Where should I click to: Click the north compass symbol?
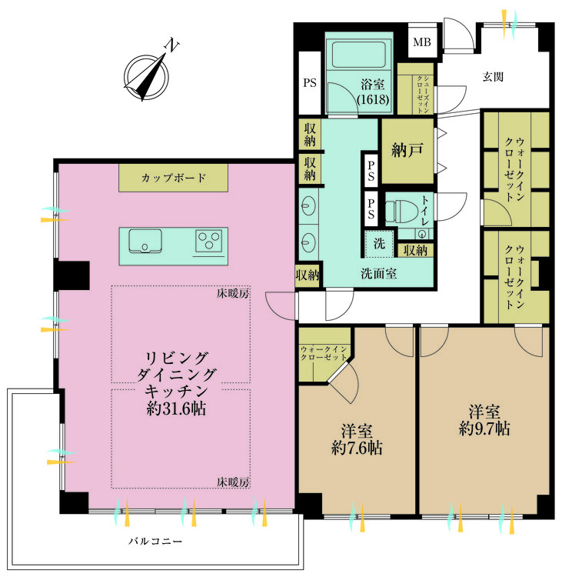146,74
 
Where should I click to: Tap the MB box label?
422,42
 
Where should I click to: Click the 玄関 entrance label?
494,77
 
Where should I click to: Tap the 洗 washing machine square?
379,243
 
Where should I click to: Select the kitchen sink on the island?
144,242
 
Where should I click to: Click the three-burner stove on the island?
208,242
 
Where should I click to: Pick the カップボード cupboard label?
173,178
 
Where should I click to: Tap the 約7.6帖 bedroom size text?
357,447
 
